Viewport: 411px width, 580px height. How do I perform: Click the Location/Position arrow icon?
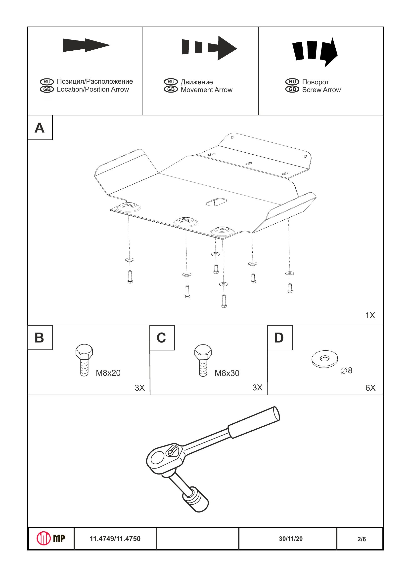[x=86, y=45]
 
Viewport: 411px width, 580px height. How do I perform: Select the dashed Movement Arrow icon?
[x=209, y=48]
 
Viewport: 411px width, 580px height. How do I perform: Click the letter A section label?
[x=40, y=128]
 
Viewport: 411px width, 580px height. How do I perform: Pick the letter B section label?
[x=40, y=338]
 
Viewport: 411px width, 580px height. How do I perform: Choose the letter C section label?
[x=161, y=338]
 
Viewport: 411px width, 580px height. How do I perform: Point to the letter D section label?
[x=279, y=338]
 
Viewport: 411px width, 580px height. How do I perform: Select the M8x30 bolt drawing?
[x=203, y=360]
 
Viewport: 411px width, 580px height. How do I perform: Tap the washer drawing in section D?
[x=325, y=359]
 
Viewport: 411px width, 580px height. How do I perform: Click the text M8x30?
[x=227, y=373]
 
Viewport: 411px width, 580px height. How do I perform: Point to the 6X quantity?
[x=370, y=388]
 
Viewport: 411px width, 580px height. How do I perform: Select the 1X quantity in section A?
[x=370, y=315]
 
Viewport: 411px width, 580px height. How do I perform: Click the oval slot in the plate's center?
[x=216, y=202]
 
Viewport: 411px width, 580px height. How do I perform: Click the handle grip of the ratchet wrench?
[x=254, y=422]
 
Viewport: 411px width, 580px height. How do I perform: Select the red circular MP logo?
[x=44, y=538]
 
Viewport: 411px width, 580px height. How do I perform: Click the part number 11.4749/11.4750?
[x=115, y=539]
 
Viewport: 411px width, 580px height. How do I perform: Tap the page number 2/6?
[x=362, y=539]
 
